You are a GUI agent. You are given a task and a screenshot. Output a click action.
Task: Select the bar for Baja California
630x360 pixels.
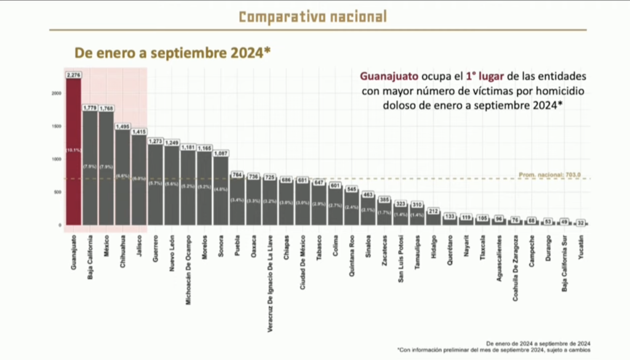[90, 166]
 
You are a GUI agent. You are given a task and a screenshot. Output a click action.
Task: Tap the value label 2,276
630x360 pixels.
[73, 74]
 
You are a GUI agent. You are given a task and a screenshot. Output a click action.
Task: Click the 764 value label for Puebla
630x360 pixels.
[237, 175]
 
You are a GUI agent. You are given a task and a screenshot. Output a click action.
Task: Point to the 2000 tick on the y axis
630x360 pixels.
[56, 94]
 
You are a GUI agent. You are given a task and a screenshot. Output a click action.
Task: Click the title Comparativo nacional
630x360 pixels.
[313, 17]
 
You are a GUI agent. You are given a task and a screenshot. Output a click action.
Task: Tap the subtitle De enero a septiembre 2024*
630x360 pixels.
[173, 52]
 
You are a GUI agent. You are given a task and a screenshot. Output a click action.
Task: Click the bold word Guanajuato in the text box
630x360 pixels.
[388, 77]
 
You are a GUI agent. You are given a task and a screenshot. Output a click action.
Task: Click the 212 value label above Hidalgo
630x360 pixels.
[434, 211]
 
